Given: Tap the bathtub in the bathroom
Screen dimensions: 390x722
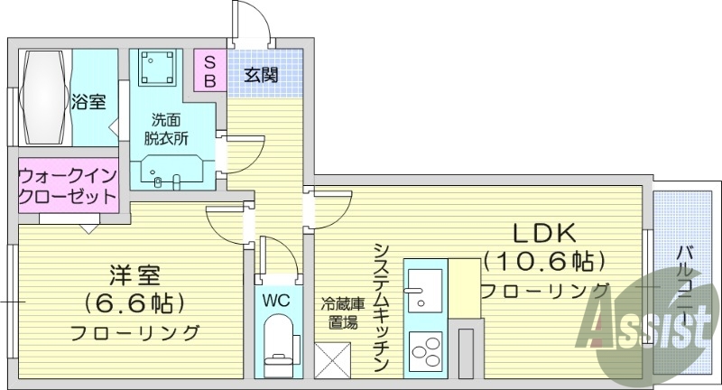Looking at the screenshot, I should click(44, 97).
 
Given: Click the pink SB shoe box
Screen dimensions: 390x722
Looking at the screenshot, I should click(209, 70).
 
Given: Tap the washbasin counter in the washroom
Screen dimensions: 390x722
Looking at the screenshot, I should click(171, 171).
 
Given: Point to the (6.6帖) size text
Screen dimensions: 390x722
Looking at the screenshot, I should click(134, 302).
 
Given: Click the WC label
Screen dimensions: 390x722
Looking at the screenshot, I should click(276, 299).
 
